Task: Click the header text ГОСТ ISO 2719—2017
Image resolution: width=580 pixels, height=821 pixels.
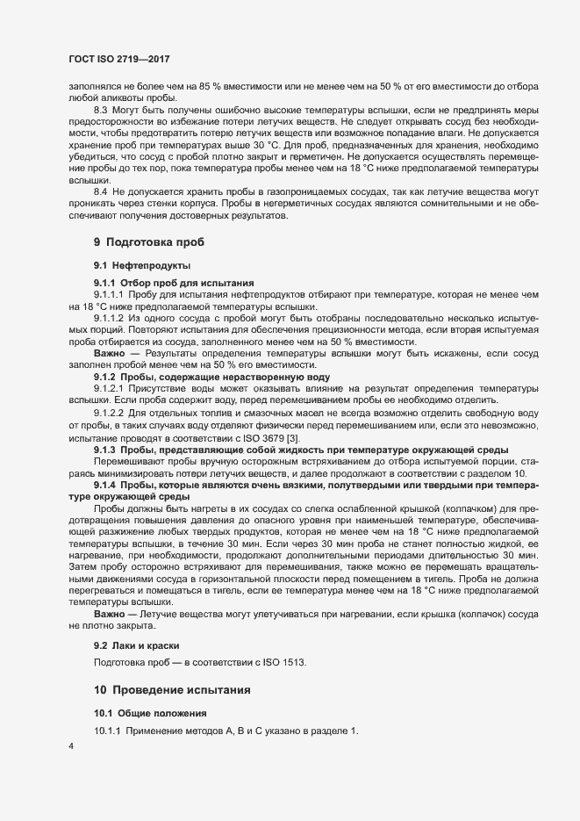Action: [119, 57]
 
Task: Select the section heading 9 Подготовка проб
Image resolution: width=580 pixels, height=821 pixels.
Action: [149, 241]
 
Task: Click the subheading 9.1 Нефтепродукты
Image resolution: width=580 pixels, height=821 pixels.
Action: [142, 264]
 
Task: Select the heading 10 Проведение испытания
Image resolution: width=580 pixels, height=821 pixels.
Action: [173, 690]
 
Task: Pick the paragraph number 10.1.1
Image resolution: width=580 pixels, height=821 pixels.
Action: [110, 732]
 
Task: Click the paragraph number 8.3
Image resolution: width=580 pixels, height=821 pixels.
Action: [101, 109]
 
